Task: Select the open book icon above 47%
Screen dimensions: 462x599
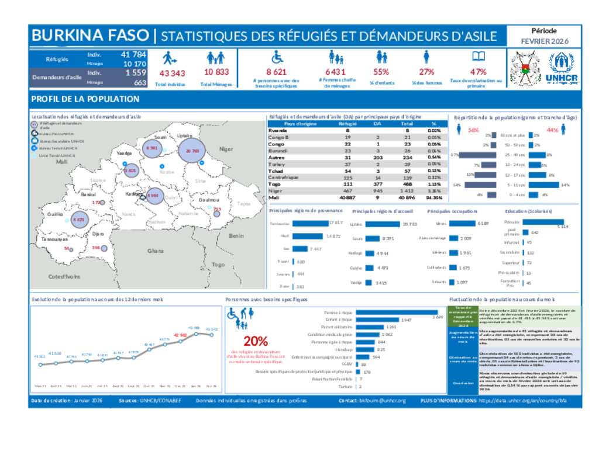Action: [x=478, y=57]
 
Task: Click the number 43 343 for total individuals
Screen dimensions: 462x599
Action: [x=172, y=73]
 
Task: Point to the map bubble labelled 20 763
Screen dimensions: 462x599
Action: [x=192, y=151]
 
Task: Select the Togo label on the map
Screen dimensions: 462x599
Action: [x=218, y=265]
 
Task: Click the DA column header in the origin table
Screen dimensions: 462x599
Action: [x=377, y=124]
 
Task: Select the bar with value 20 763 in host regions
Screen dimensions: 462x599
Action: [x=383, y=224]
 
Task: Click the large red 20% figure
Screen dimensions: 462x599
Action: [x=256, y=341]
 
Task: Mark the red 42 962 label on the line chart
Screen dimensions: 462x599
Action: [x=180, y=335]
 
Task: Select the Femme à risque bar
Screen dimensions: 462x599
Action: [x=397, y=312]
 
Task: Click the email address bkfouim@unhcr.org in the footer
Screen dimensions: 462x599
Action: [x=384, y=401]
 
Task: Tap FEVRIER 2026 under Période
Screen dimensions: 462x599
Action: [x=545, y=41]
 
